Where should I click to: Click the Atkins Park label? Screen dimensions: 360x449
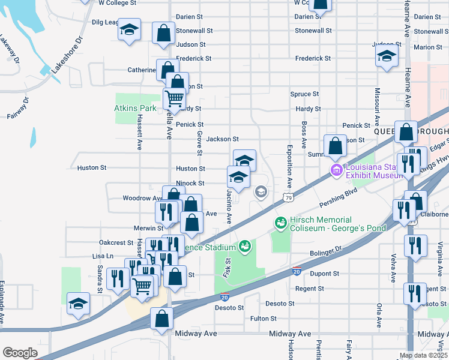point(136,109)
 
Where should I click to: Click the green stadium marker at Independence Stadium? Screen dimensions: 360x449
point(244,245)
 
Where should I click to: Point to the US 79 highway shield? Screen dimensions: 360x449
point(288,197)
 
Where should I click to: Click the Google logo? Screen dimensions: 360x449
point(20,353)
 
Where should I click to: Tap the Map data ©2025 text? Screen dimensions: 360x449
point(423,355)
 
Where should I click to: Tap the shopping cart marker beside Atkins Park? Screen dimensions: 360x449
point(174,97)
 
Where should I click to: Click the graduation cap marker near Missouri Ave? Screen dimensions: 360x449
point(387,57)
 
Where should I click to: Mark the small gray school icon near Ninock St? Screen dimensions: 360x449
point(261,192)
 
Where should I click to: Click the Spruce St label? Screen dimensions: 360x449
point(304,94)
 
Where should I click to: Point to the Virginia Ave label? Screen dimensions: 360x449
point(440,254)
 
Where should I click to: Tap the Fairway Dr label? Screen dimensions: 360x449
point(18,107)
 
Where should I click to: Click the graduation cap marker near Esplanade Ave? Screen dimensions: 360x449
point(78,304)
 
